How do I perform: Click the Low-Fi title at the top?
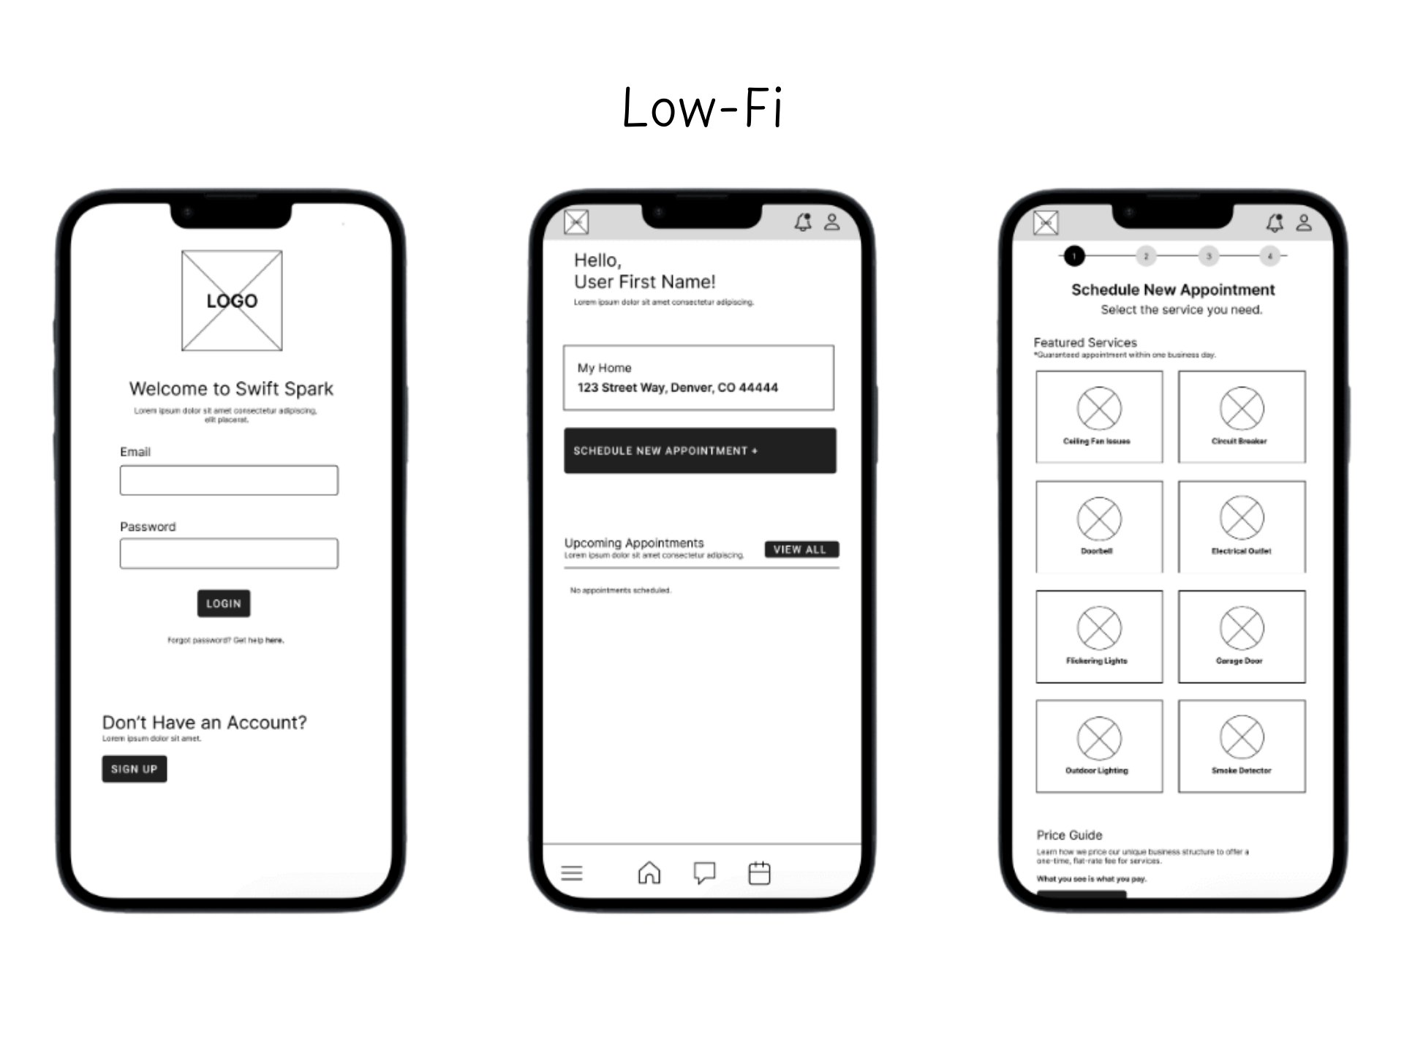click(x=702, y=108)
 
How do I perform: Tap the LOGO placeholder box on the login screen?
click(x=232, y=301)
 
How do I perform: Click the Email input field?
click(x=229, y=480)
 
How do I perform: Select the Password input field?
click(x=229, y=554)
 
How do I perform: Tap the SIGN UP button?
click(x=135, y=769)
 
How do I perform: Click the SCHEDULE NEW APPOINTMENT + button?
click(x=700, y=450)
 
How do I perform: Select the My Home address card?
click(x=698, y=377)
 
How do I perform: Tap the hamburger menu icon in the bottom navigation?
click(x=572, y=873)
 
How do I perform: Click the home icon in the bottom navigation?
click(x=649, y=872)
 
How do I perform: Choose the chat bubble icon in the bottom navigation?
click(x=704, y=872)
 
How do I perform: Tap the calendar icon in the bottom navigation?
click(x=760, y=872)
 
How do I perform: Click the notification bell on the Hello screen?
click(x=803, y=222)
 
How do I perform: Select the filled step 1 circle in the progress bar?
click(x=1074, y=256)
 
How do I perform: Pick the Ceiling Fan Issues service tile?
click(x=1099, y=417)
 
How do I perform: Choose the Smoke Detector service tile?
click(x=1242, y=746)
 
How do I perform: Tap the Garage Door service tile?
click(x=1242, y=636)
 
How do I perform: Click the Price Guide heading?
click(x=1069, y=835)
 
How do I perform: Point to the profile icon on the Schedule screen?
click(x=1304, y=222)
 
